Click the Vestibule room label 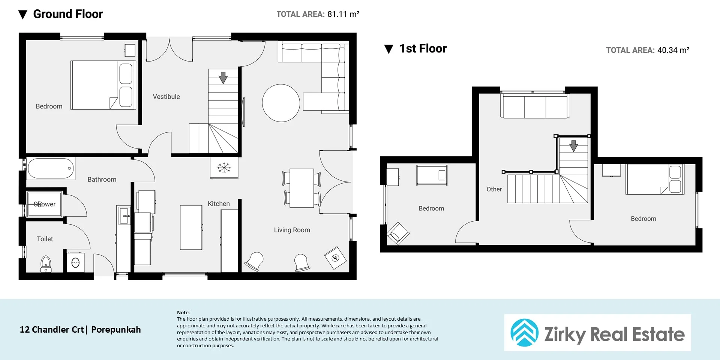[x=166, y=97]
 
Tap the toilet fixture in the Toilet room [x=46, y=264]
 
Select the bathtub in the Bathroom [x=51, y=168]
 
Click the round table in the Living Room [x=281, y=103]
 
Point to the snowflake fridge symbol [x=224, y=168]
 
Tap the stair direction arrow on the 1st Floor [x=574, y=146]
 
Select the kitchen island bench [x=191, y=227]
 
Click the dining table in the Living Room [x=302, y=188]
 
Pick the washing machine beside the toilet [x=75, y=262]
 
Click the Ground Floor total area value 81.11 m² [x=343, y=14]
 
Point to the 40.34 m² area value [x=673, y=50]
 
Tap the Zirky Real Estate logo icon [x=524, y=333]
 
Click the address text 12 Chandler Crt [x=52, y=330]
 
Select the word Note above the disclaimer [x=183, y=312]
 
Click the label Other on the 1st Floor [x=494, y=189]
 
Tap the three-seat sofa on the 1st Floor [x=535, y=106]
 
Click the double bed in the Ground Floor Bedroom [x=103, y=85]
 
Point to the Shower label [x=45, y=204]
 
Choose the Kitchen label [x=219, y=204]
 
